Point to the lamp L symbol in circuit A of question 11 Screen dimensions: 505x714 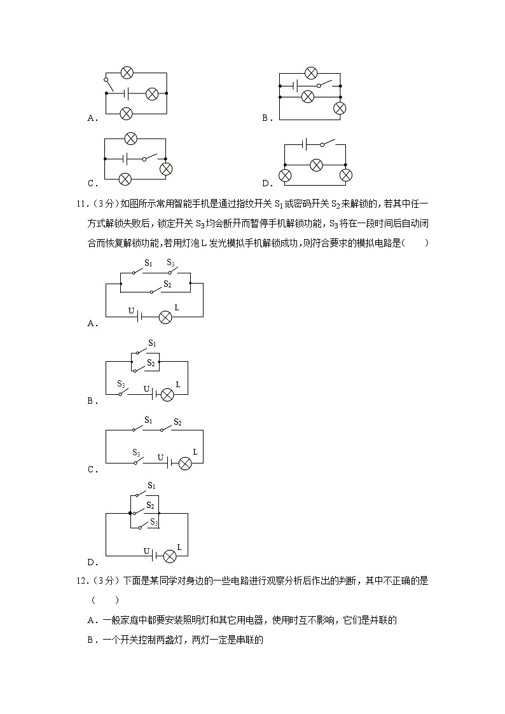click(165, 317)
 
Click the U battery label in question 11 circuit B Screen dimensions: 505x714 click(146, 388)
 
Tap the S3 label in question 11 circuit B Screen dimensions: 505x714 click(120, 383)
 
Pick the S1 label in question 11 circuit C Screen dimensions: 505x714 click(148, 420)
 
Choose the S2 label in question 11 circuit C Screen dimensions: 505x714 click(177, 423)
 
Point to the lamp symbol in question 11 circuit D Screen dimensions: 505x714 click(170, 556)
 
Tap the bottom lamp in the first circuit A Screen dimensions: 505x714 click(127, 114)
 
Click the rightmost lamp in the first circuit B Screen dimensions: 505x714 click(340, 108)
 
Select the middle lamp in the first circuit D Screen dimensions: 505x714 click(315, 166)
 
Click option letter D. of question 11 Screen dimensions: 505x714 click(92, 562)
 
